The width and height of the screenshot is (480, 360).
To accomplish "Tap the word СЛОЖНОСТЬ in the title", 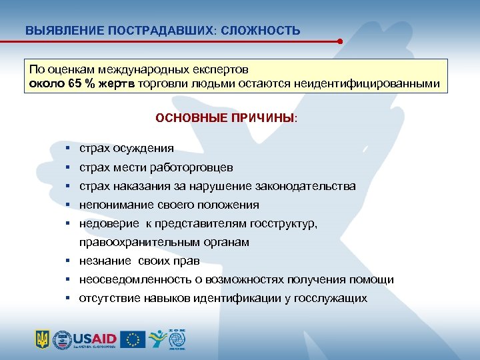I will pyautogui.click(x=263, y=31).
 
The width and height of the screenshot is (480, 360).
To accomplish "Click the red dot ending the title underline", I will pyautogui.click(x=340, y=41).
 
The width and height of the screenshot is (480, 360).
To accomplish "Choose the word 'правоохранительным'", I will pyautogui.click(x=131, y=243).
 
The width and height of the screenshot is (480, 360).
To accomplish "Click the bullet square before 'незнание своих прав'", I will pyautogui.click(x=69, y=261).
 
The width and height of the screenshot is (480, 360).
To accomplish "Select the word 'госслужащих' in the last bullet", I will pyautogui.click(x=331, y=299).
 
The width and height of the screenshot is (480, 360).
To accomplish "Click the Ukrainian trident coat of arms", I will pyautogui.click(x=42, y=339).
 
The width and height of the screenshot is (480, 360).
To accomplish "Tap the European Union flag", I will pyautogui.click(x=133, y=339).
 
